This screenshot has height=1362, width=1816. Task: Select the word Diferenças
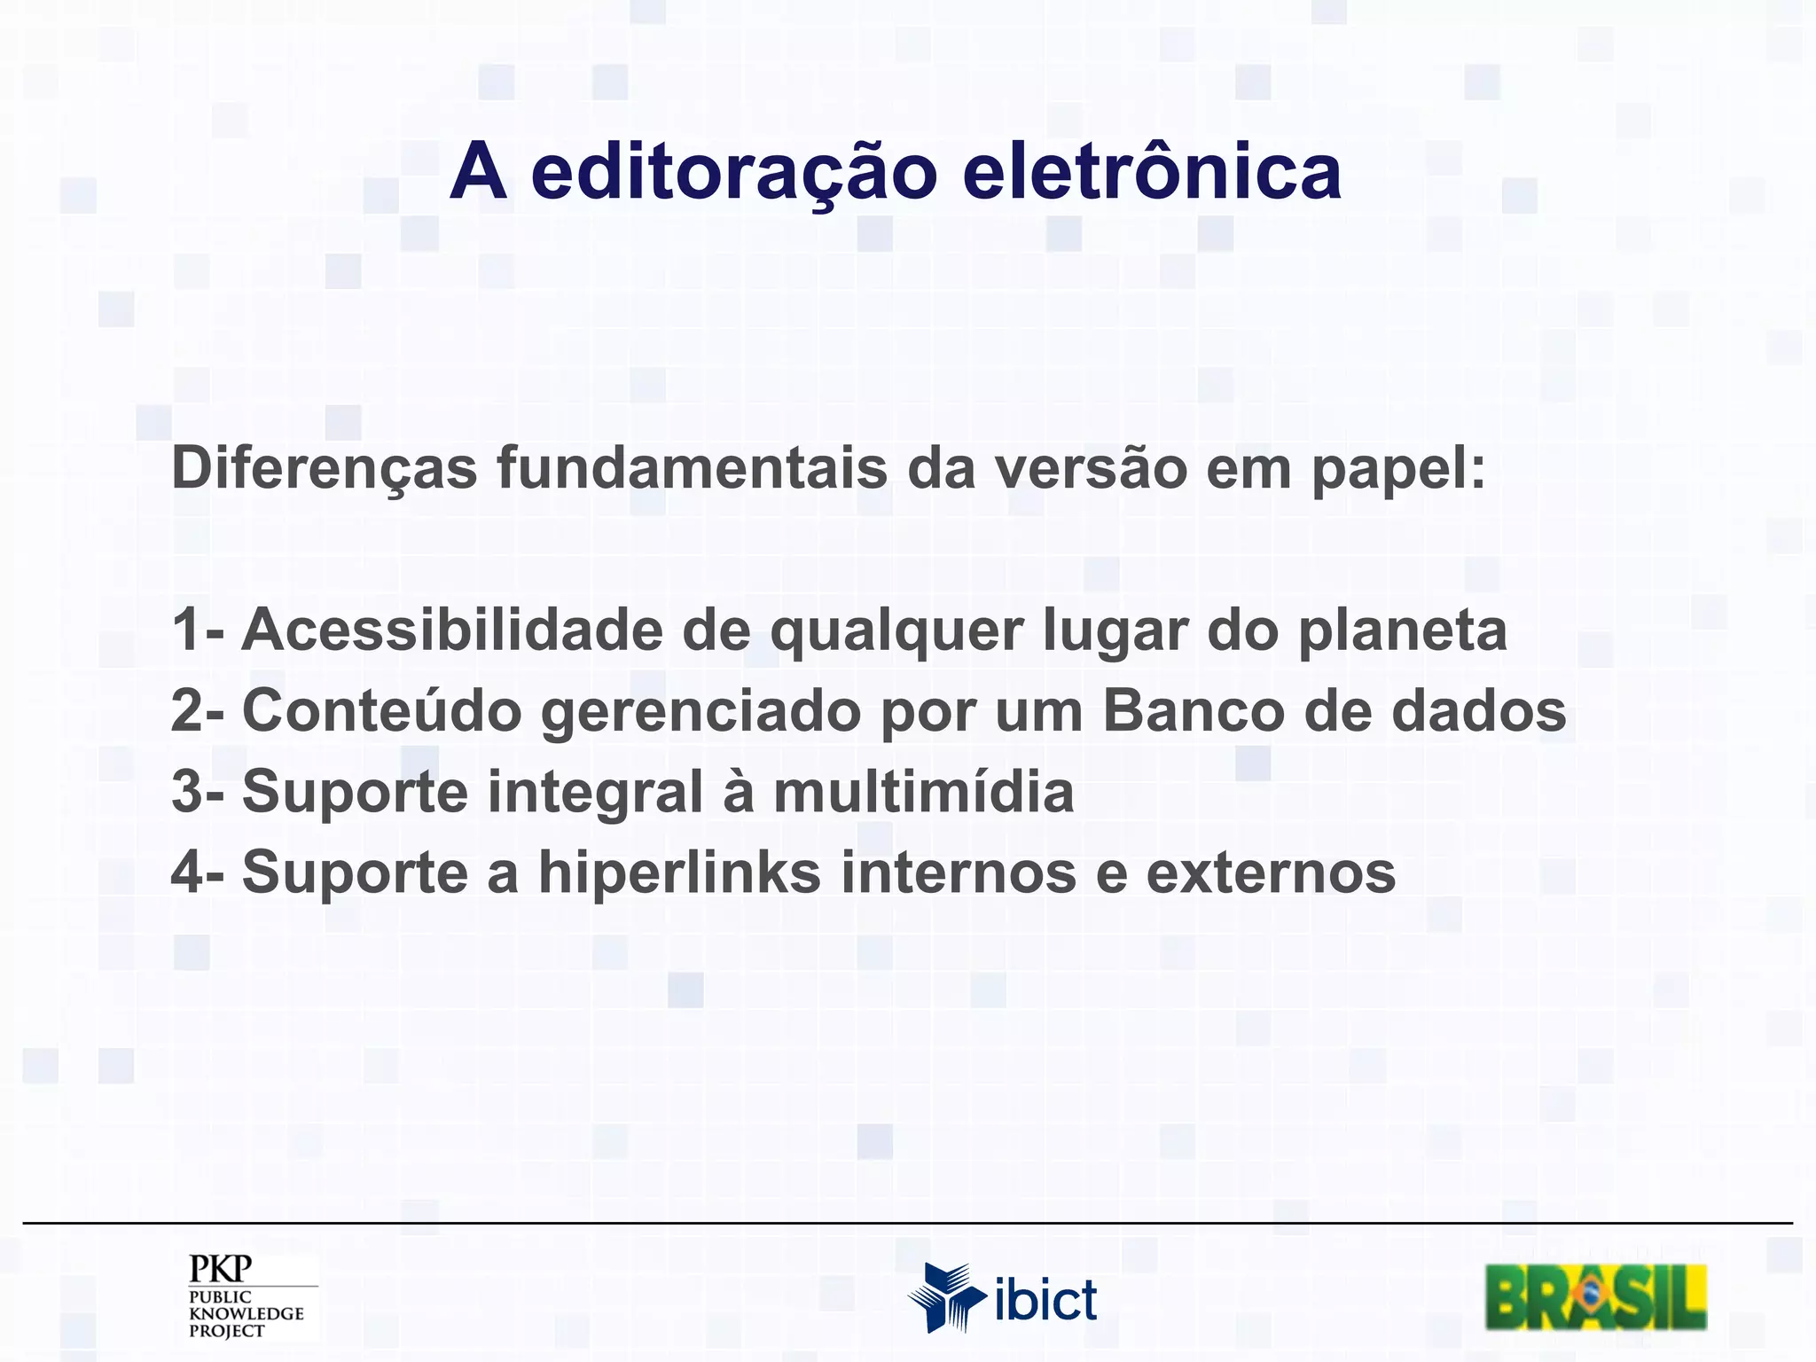click(x=325, y=468)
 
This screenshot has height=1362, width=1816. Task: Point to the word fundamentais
click(x=692, y=468)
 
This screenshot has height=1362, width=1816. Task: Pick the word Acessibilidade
click(x=452, y=630)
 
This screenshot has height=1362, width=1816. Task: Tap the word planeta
click(x=1403, y=631)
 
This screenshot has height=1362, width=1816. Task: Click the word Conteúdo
click(x=381, y=711)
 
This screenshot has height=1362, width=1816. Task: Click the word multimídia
click(x=923, y=791)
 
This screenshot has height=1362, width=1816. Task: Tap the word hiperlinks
click(x=680, y=873)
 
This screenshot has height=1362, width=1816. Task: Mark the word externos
click(x=1271, y=873)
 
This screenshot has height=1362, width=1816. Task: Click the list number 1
click(x=188, y=630)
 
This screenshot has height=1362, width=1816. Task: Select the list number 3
click(x=188, y=792)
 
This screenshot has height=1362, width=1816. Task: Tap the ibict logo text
click(x=1046, y=1301)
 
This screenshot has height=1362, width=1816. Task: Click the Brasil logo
click(x=1596, y=1297)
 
